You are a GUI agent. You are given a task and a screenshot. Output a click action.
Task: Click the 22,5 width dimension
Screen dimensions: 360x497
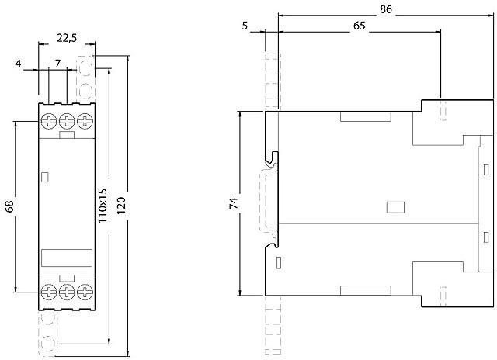tap(67, 38)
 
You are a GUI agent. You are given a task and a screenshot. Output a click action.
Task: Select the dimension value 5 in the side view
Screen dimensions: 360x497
tap(245, 25)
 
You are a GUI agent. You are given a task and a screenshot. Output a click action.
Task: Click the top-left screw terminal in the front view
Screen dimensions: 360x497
tap(49, 122)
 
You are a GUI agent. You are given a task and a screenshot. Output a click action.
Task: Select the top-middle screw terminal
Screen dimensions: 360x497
tap(67, 122)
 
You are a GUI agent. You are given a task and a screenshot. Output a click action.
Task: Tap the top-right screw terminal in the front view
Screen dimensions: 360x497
tap(84, 122)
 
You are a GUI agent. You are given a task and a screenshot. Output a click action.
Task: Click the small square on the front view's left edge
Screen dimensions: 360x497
tap(45, 178)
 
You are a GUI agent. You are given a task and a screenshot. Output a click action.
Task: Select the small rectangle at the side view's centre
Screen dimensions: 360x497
tap(395, 207)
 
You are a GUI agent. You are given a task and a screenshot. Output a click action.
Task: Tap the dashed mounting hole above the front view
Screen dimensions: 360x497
tap(95, 65)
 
